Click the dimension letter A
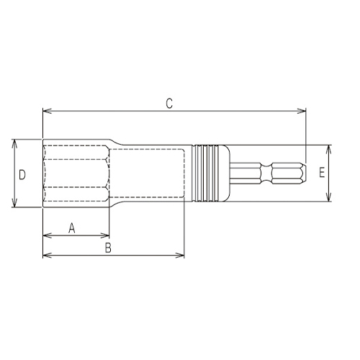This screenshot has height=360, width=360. pos(71,228)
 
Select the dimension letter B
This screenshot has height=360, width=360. pos(108,248)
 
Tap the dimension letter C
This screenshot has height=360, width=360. pos(168,104)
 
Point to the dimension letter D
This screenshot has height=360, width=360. pos(22,174)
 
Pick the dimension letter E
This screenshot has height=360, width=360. pos(322,174)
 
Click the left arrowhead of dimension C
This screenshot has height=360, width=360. pos(46,111)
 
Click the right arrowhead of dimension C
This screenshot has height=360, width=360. pos(303,111)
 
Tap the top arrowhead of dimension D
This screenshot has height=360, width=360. pos(14,143)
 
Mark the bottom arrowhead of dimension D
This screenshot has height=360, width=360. pos(14,205)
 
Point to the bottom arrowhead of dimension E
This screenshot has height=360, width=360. pos(330,199)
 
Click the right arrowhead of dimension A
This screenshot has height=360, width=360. pos(107,235)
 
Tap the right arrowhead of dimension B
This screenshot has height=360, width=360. pos(182,254)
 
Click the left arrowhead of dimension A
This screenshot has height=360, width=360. pos(46,235)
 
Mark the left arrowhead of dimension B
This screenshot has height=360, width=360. pos(46,254)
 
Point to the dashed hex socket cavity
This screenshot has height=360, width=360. pos(76,174)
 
